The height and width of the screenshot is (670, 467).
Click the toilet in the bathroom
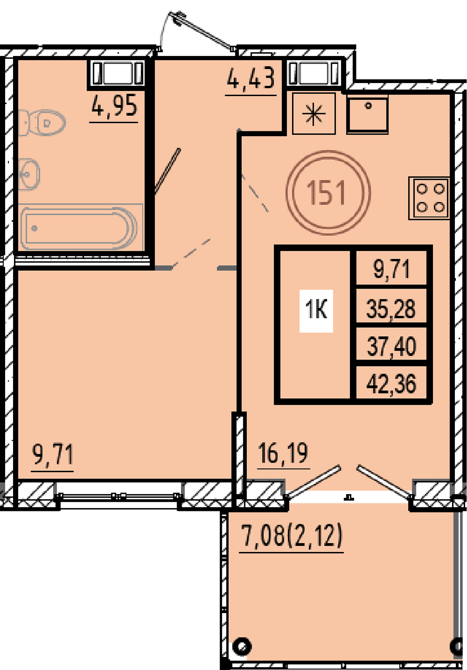pyautogui.click(x=42, y=123)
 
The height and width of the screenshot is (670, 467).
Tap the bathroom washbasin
pyautogui.click(x=29, y=174)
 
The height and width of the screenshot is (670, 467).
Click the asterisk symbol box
pyautogui.click(x=313, y=113)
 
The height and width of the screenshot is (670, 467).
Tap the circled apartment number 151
pyautogui.click(x=328, y=193)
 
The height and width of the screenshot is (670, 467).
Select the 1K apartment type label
pyautogui.click(x=316, y=310)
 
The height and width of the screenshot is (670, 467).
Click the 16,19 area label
pyautogui.click(x=283, y=453)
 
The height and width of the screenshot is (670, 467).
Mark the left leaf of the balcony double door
pyautogui.click(x=313, y=481)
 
